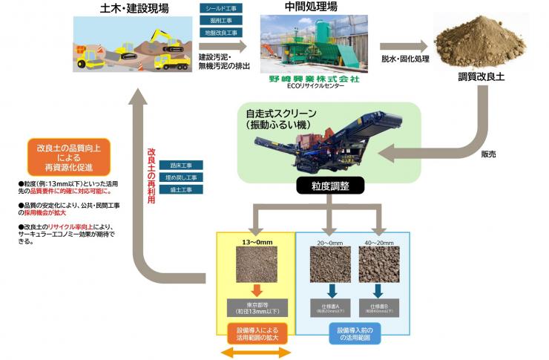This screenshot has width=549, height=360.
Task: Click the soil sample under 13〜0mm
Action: point(255,265)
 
